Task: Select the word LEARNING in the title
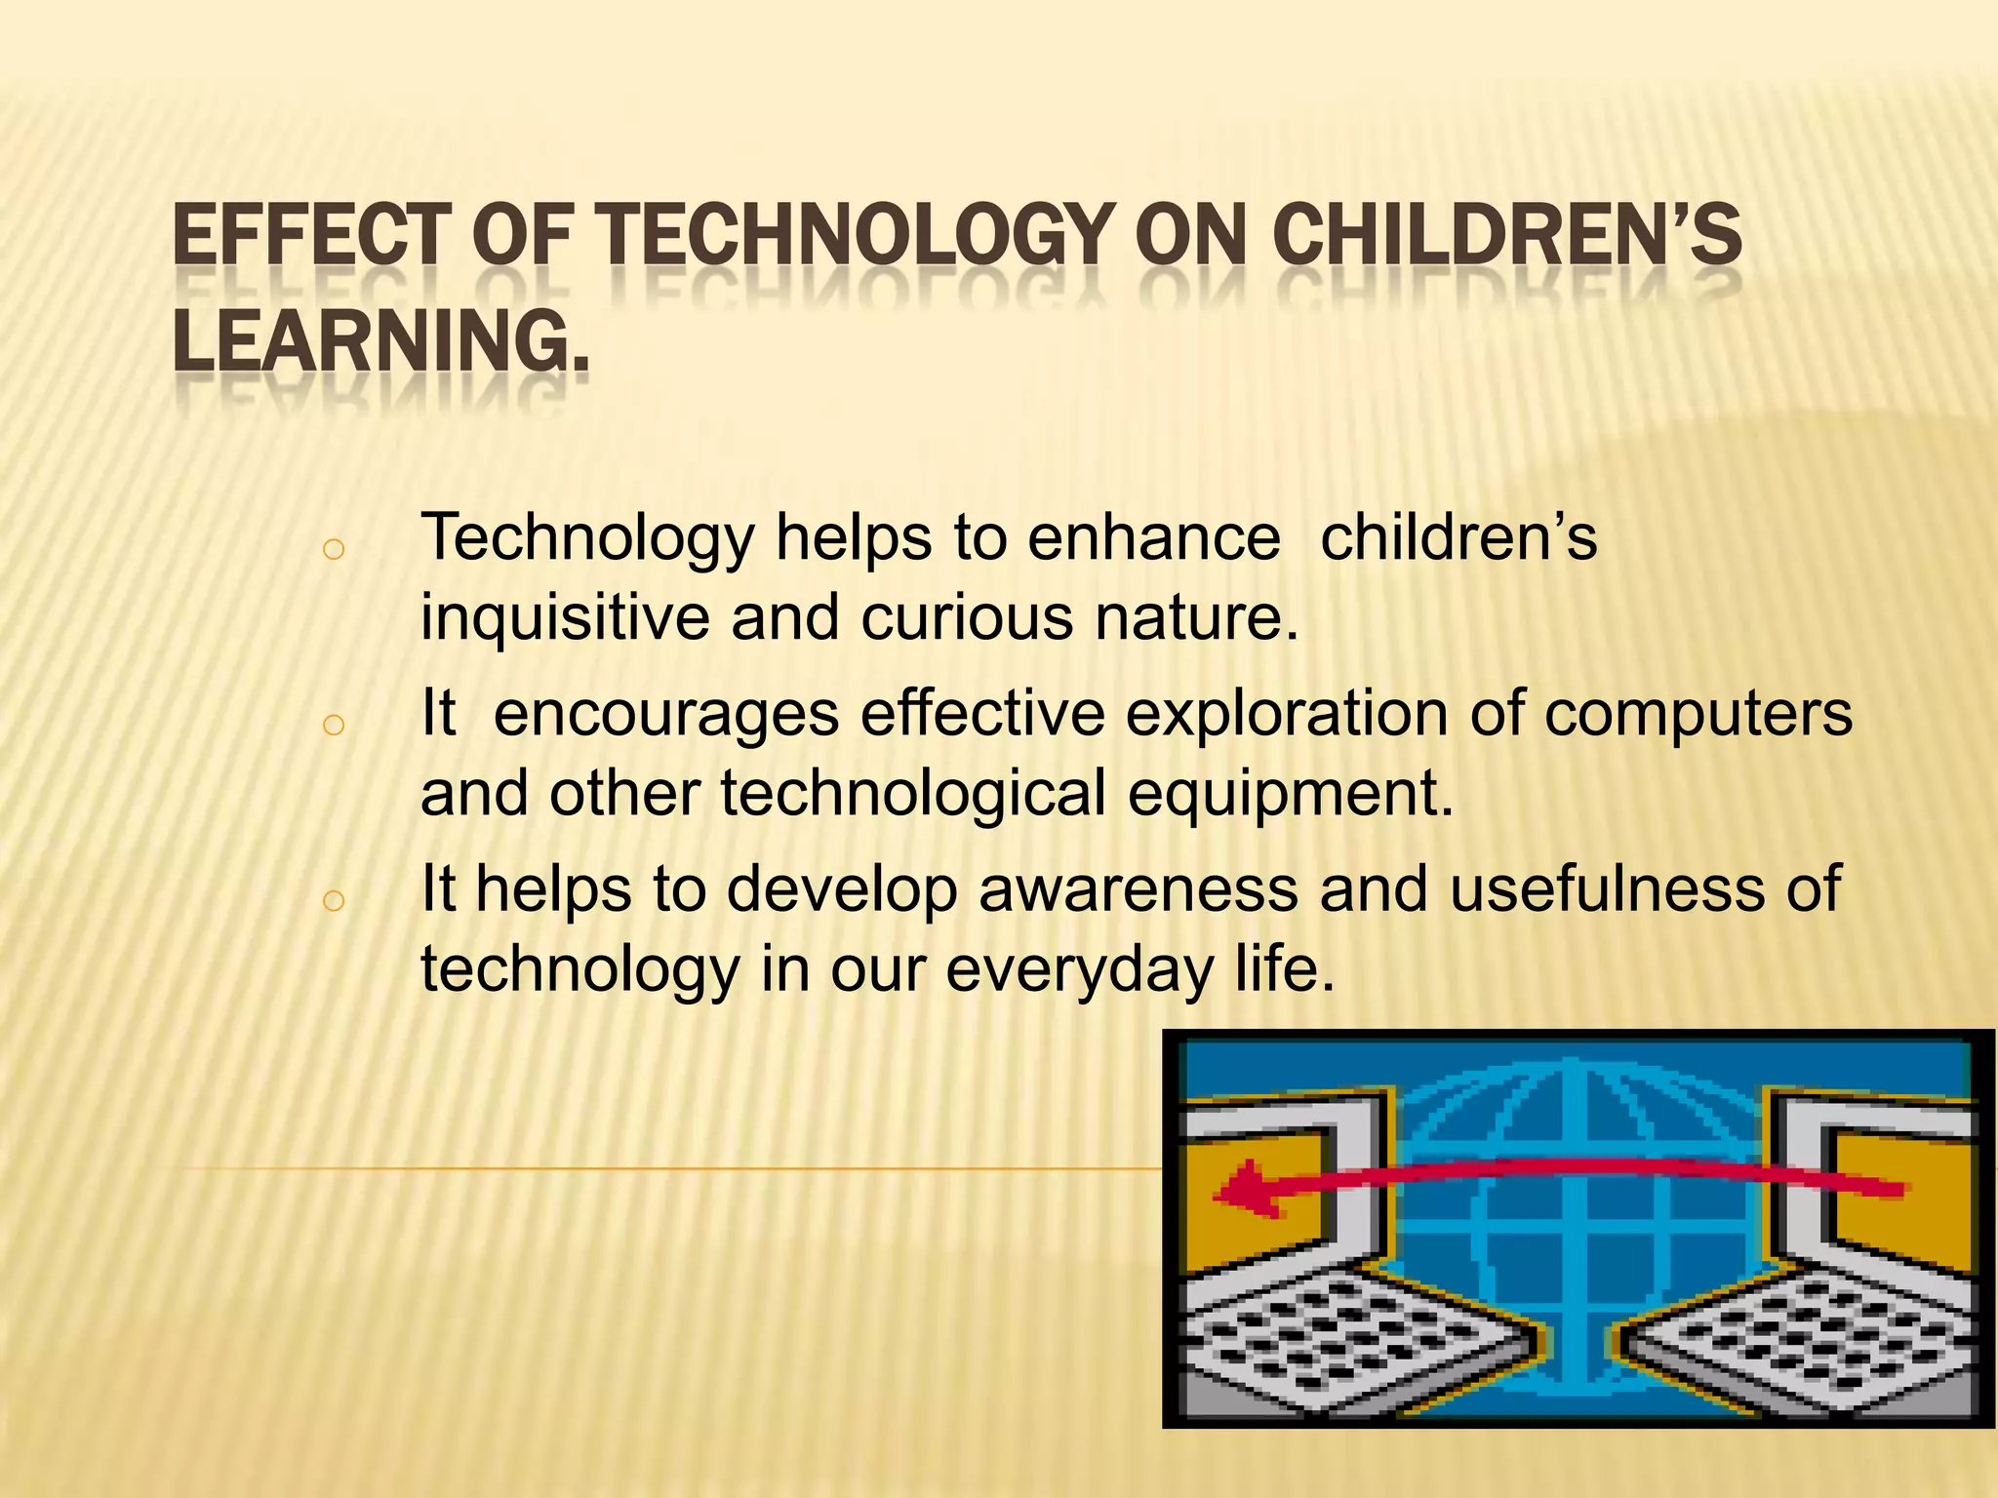coord(371,341)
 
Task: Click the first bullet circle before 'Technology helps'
coord(333,550)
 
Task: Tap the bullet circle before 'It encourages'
coord(333,725)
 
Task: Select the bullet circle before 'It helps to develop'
coord(333,900)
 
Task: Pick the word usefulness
coord(1606,888)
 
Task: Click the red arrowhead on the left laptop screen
coord(1245,1192)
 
